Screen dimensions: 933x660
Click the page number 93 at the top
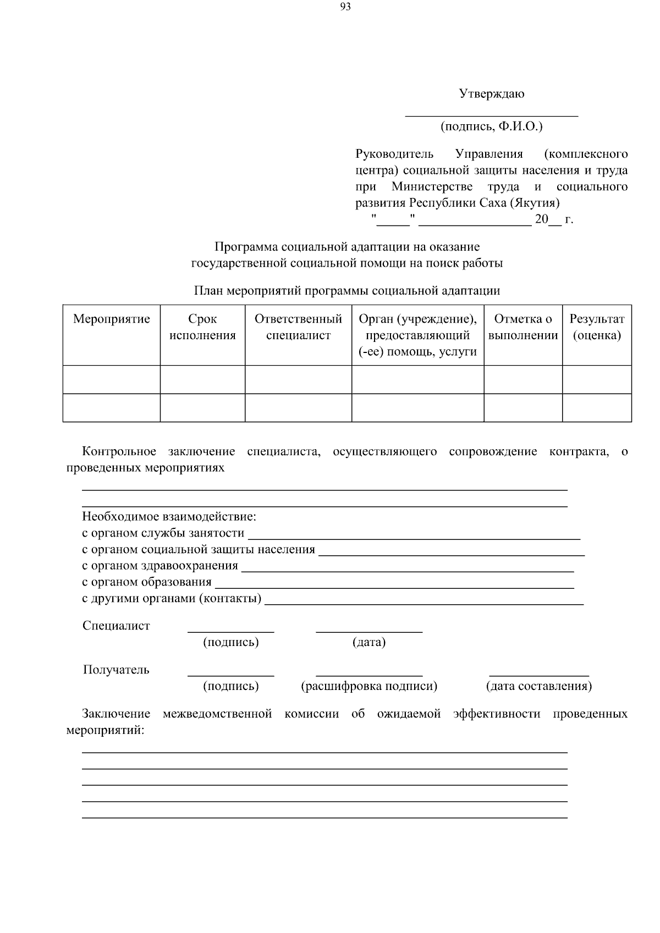click(345, 7)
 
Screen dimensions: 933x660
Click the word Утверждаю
click(492, 93)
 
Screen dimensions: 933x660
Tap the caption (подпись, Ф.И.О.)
click(491, 126)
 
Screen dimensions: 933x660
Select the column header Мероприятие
click(112, 319)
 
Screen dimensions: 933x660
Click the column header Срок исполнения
click(202, 327)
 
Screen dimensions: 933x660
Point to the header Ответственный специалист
click(298, 327)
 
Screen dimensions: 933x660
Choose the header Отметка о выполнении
click(523, 327)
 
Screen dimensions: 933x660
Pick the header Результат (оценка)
click(597, 327)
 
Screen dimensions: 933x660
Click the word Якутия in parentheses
click(535, 203)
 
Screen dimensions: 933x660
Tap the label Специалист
click(116, 626)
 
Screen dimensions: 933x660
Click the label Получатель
click(116, 670)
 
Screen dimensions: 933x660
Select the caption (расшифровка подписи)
click(369, 686)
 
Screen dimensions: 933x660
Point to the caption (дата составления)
click(539, 686)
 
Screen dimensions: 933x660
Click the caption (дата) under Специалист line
click(369, 642)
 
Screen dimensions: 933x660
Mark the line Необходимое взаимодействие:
click(169, 517)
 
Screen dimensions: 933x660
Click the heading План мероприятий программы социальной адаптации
click(346, 290)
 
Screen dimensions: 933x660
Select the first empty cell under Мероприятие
click(112, 379)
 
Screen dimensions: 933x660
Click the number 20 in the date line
click(542, 219)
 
